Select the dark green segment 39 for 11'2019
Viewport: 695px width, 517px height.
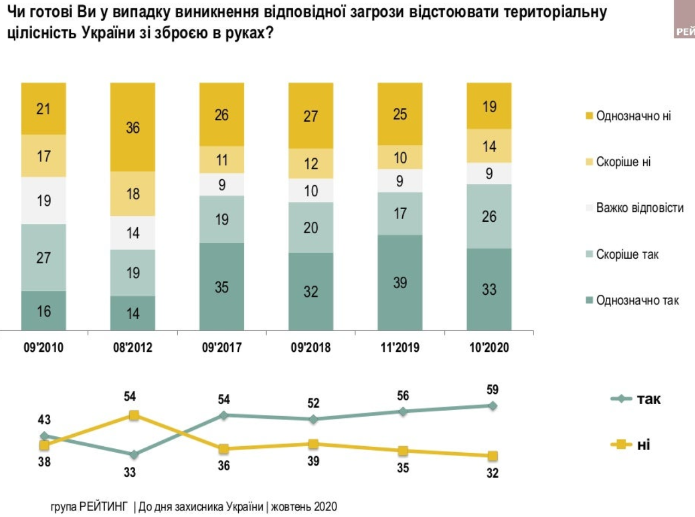tap(400, 282)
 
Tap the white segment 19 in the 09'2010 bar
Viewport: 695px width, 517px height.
tap(44, 200)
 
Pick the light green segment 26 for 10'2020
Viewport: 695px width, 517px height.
tap(489, 216)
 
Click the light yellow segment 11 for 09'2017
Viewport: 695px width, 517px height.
tap(222, 160)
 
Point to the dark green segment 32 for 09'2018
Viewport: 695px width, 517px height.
tap(311, 291)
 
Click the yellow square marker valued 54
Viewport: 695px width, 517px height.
tap(133, 416)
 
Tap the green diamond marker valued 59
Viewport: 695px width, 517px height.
tap(492, 406)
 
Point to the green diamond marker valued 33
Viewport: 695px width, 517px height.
tap(133, 454)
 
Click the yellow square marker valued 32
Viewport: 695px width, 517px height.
tap(492, 455)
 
